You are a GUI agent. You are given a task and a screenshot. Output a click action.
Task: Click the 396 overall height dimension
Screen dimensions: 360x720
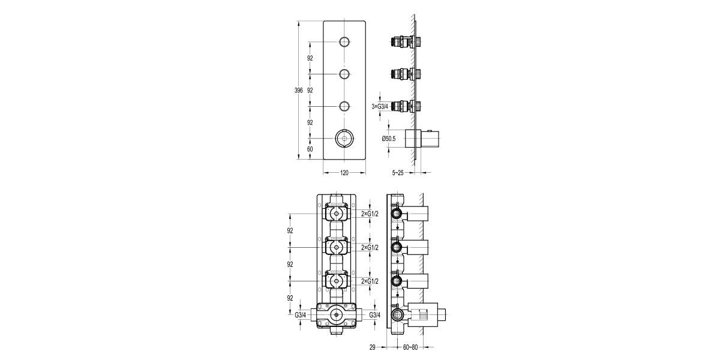coord(298,91)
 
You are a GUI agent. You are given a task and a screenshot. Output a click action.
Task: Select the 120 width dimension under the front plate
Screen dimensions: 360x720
coord(344,173)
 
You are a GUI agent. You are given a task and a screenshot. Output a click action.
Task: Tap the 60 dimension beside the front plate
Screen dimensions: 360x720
coord(310,149)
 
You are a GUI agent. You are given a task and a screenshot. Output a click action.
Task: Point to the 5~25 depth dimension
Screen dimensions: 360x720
coord(398,173)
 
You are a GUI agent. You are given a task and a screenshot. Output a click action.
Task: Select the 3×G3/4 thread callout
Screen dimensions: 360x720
coord(380,106)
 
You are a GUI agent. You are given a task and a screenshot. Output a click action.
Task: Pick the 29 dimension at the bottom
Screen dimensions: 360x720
coord(373,347)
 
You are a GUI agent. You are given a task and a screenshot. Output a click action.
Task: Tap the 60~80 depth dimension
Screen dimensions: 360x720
coord(410,347)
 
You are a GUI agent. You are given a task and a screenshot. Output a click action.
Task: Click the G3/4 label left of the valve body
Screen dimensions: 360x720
coord(301,315)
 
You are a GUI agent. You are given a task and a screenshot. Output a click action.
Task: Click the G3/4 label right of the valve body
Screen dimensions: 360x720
coord(375,315)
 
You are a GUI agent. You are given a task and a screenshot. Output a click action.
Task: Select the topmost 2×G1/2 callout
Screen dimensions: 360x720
coord(370,214)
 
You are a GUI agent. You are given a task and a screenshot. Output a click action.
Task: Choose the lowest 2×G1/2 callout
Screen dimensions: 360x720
coord(370,281)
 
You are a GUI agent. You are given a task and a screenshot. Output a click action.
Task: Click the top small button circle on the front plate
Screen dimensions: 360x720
coord(344,42)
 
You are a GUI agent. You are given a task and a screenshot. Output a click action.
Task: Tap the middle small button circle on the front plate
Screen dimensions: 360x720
coord(344,74)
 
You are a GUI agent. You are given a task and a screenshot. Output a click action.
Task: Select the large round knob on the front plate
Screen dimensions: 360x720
coord(344,139)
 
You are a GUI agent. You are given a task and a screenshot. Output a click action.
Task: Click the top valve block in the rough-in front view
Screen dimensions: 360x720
coord(337,214)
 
